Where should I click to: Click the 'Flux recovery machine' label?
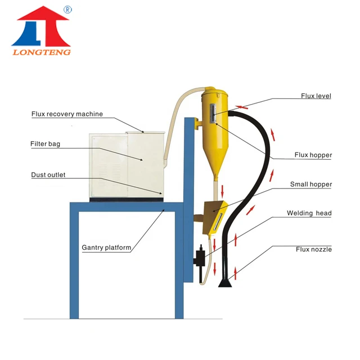click(67, 114)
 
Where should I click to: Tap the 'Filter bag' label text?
click(45, 144)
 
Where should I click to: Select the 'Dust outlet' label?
click(48, 175)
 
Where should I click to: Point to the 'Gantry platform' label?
click(106, 247)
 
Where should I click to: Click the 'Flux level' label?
click(316, 96)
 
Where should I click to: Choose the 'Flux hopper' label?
click(313, 155)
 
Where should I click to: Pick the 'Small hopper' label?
click(310, 184)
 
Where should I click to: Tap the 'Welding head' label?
click(309, 213)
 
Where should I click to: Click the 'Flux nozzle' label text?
click(313, 249)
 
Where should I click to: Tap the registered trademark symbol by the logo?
click(68, 10)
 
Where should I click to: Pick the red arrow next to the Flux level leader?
click(241, 105)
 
